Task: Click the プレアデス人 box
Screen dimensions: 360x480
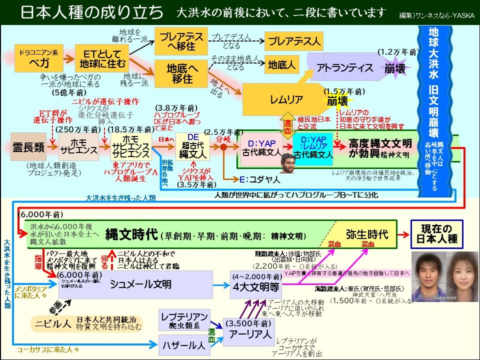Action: (x=293, y=41)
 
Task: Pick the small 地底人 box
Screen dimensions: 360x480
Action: (x=282, y=64)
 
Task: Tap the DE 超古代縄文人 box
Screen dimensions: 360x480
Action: (x=192, y=146)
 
